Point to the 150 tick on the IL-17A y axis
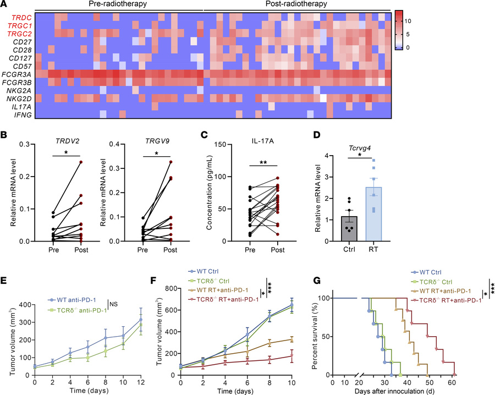(x=225, y=145)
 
